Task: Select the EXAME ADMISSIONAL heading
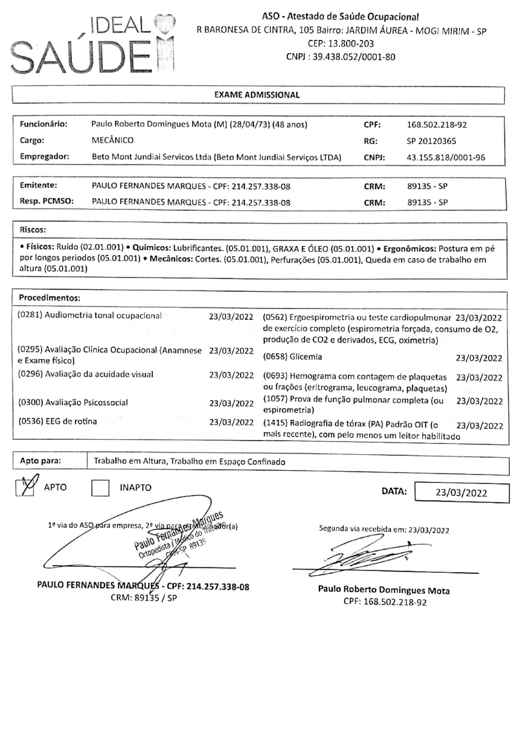(257, 95)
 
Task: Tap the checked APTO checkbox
(25, 488)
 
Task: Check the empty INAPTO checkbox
(100, 488)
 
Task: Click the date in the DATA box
(461, 493)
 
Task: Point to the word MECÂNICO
(112, 141)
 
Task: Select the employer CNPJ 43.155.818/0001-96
(445, 158)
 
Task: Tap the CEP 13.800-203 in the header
(341, 44)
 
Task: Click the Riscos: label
(33, 230)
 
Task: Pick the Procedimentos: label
(49, 298)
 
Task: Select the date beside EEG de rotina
(231, 422)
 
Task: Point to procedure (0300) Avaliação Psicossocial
(73, 403)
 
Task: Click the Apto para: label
(40, 462)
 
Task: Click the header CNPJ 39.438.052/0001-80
(341, 57)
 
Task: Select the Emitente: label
(38, 186)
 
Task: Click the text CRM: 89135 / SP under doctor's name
(144, 599)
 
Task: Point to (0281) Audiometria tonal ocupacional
(90, 316)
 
